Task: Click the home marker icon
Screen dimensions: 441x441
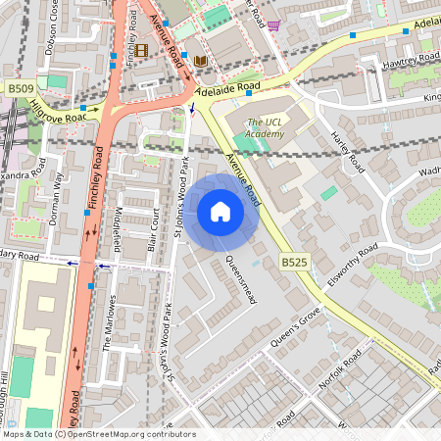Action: [220, 212]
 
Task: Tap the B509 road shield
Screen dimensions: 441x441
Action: [20, 89]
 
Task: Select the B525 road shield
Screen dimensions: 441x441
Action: [294, 263]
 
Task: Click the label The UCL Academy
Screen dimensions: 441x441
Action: [269, 128]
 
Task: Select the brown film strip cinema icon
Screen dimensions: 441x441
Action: [142, 50]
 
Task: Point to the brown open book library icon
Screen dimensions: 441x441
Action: [200, 61]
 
